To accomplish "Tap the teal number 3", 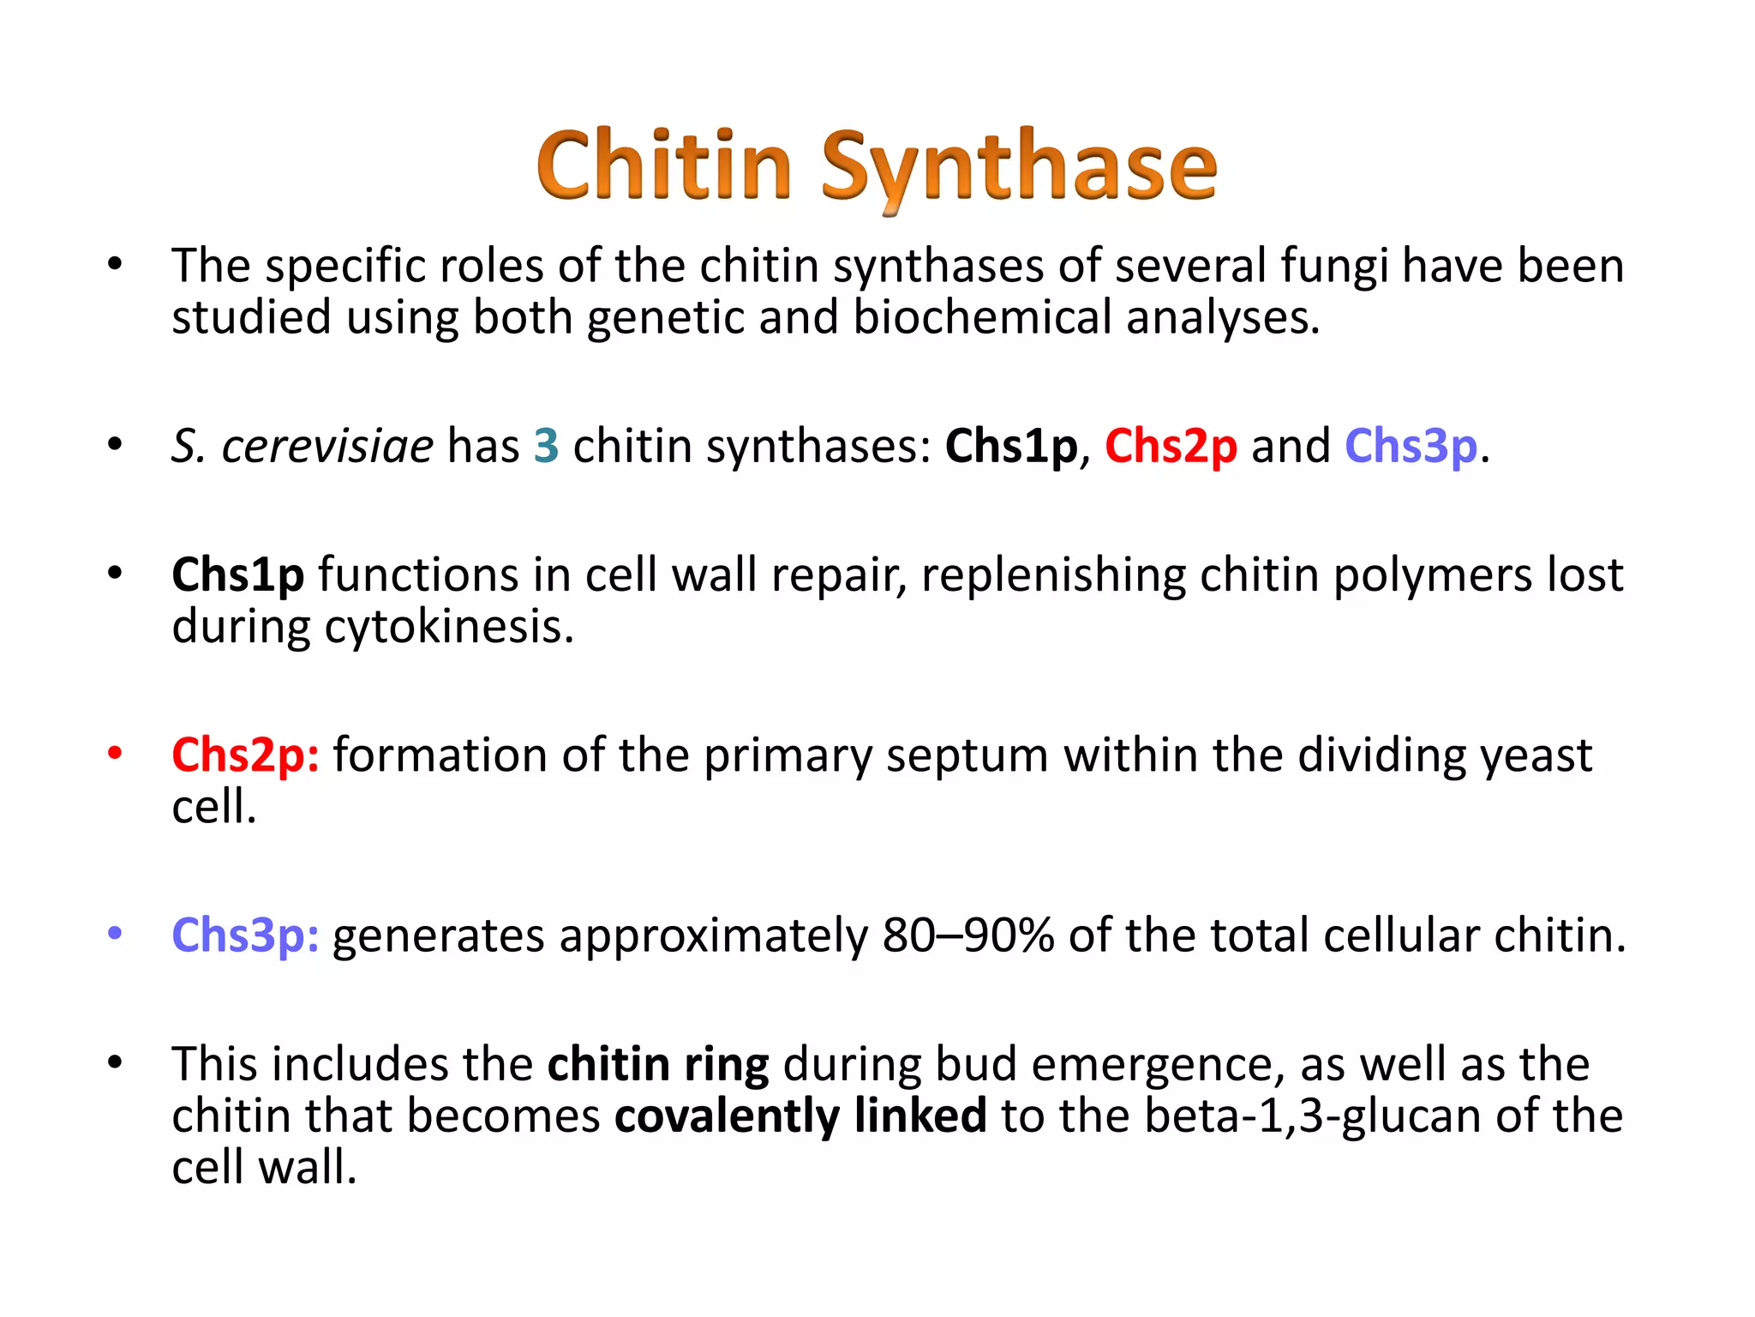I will [x=546, y=446].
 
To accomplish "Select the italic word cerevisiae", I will [x=327, y=446].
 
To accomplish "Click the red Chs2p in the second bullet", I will [x=1171, y=446].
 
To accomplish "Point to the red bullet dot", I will [x=115, y=753].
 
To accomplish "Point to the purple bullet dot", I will [x=115, y=933].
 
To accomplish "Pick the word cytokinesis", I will [x=448, y=627].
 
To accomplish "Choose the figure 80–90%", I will [x=968, y=935].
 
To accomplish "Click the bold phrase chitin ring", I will [x=658, y=1064].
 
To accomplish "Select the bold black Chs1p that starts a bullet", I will [x=237, y=575].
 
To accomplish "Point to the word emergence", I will [x=1159, y=1064].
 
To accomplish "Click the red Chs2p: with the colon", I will [x=245, y=755].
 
